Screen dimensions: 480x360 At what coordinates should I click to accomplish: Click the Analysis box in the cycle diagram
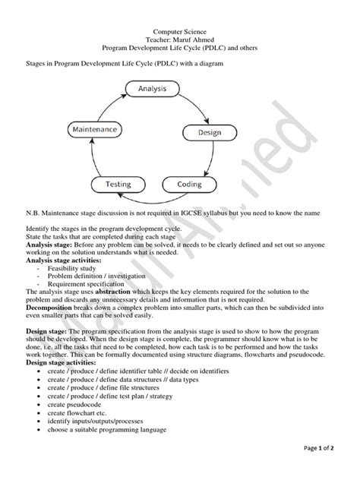[152, 90]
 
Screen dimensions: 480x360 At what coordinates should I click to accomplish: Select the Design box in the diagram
[210, 132]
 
